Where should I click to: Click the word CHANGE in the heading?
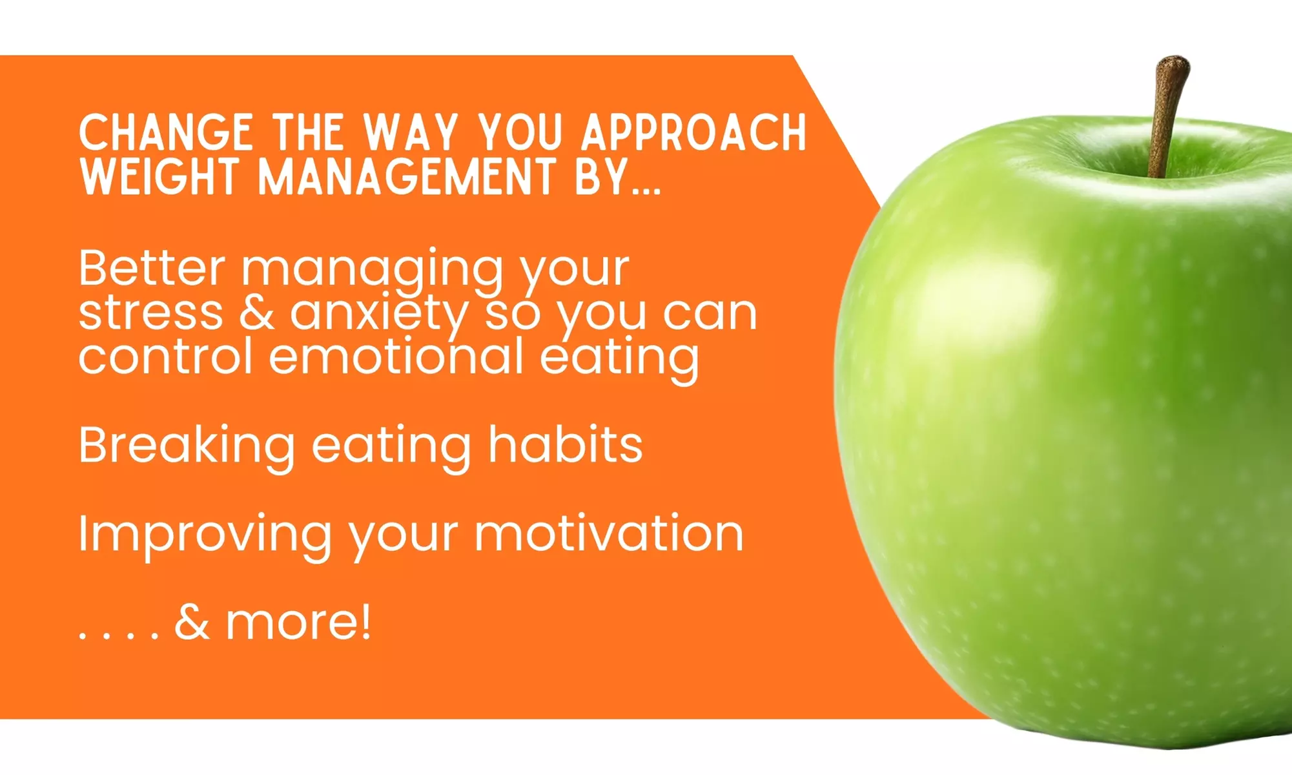(165, 132)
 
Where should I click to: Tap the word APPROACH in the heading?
(694, 132)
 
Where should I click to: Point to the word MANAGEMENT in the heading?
(407, 176)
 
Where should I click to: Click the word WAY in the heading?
(411, 132)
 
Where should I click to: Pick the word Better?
(152, 267)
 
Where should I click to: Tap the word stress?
(150, 313)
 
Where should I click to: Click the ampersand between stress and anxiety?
(256, 313)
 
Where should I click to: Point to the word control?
(165, 356)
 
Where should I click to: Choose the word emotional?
(396, 356)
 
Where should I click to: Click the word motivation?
(609, 533)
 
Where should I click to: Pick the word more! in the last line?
(298, 623)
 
